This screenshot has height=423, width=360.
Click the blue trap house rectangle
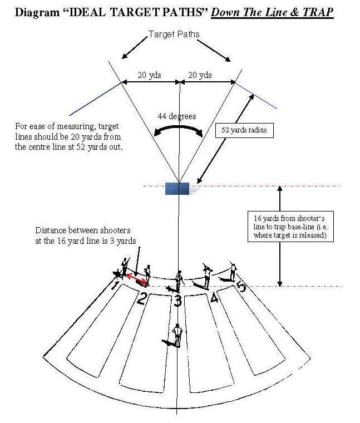point(177,188)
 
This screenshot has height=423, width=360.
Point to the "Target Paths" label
point(174,35)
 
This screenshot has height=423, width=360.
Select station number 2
point(141,299)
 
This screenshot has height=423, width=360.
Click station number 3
point(177,302)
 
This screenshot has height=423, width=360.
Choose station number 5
point(241,287)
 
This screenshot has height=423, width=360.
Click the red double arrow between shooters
point(136,278)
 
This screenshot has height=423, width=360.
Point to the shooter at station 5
point(233,272)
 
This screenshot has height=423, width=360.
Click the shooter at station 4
point(207,275)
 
